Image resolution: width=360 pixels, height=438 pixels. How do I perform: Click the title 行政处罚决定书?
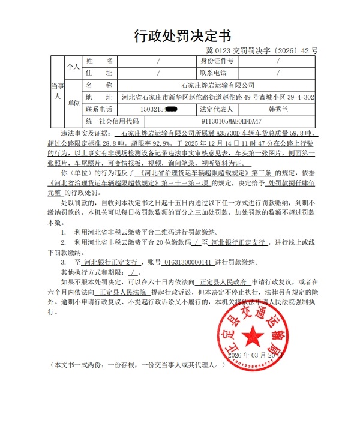[179, 35]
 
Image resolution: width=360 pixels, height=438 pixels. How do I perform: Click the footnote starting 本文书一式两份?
[138, 364]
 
